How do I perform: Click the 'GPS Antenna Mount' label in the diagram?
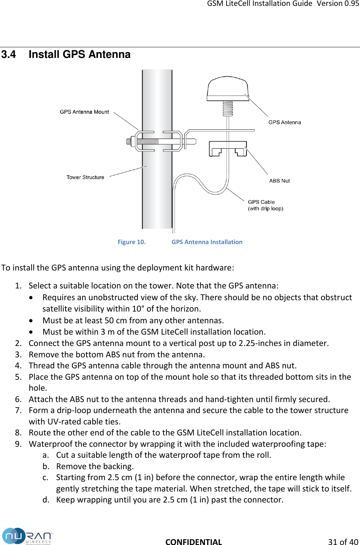point(84,112)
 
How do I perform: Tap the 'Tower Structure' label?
point(85,177)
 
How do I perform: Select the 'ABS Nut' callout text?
point(279,181)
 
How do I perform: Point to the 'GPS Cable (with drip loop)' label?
point(265,205)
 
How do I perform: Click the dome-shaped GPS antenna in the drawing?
point(228,88)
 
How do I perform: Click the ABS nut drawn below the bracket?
point(228,149)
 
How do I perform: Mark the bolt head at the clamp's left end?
point(129,141)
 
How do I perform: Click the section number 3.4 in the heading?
point(8,55)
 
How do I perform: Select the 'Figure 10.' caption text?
point(132,242)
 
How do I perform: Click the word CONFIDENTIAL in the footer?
point(194,542)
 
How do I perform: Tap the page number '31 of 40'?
point(343,542)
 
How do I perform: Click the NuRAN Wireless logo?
point(27,536)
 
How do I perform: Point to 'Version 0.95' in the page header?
point(338,4)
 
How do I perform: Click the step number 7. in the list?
point(18,410)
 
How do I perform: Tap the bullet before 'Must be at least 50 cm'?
point(33,321)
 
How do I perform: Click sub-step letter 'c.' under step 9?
point(45,477)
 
